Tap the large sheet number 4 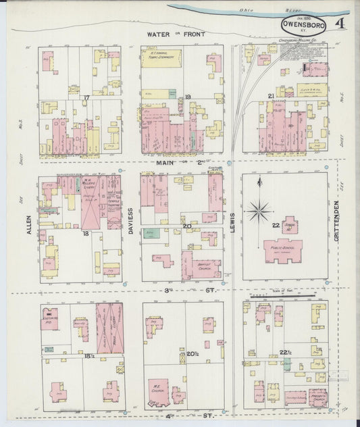coord(344,25)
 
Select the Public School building coord(283,250)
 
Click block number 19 coord(188,97)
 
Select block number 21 coord(270,97)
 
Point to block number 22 coord(275,225)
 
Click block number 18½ coord(88,353)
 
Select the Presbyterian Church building coord(317,397)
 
